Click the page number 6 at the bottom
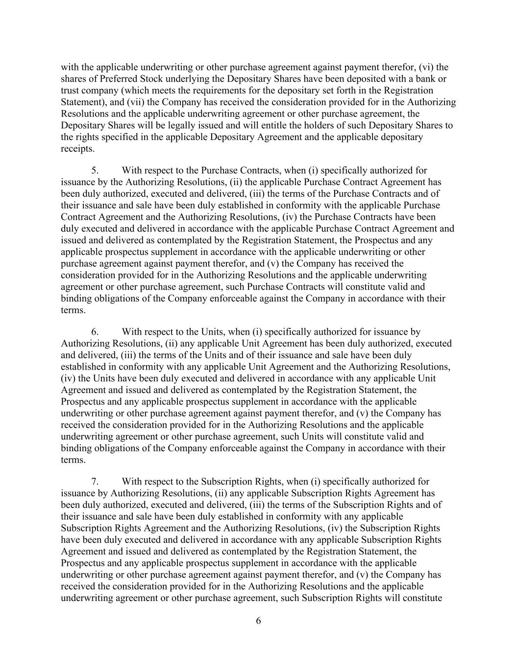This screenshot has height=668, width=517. [258, 621]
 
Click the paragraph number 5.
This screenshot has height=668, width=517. [95, 170]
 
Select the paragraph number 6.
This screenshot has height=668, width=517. [95, 332]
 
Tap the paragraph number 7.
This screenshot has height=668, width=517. [95, 482]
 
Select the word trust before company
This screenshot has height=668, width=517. [71, 91]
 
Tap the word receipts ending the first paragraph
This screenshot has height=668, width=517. [77, 149]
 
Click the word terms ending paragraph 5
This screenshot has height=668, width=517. [73, 310]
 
